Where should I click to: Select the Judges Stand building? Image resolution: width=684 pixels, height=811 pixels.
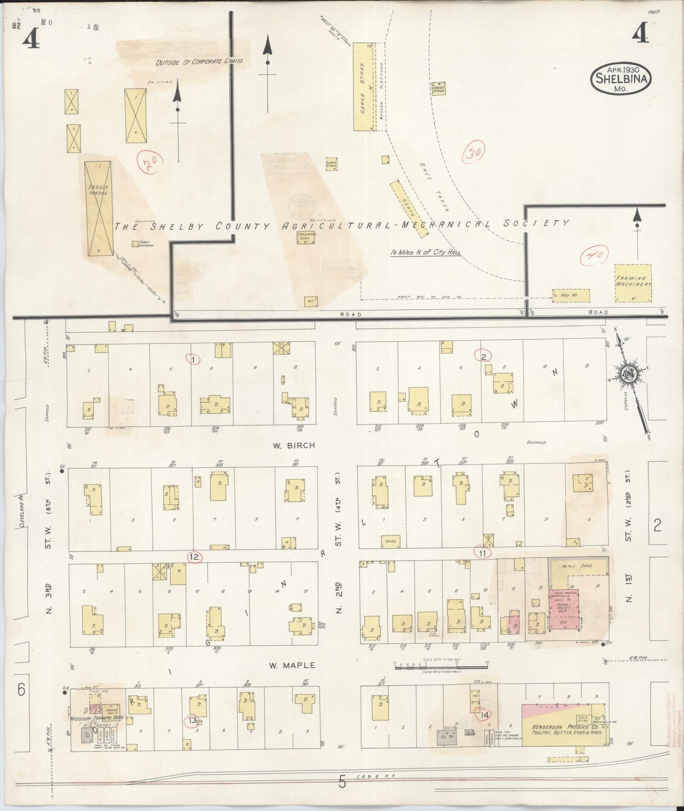tap(438, 88)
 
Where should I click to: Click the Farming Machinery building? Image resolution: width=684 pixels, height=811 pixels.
tap(633, 282)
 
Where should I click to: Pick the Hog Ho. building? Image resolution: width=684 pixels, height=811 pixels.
tap(570, 296)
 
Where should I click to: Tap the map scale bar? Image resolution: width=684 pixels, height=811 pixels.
tap(441, 666)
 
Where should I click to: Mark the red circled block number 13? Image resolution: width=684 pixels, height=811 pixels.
tap(190, 721)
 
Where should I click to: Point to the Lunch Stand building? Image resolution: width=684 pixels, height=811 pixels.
tap(331, 164)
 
